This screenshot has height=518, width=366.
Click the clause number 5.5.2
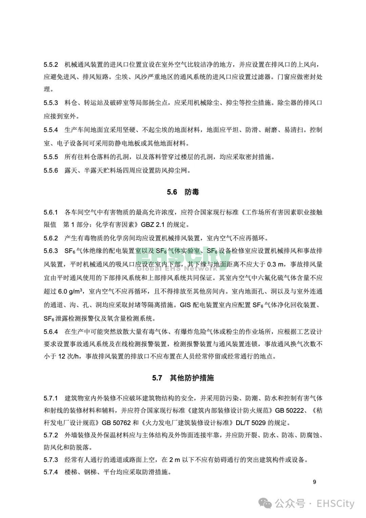(x=51, y=64)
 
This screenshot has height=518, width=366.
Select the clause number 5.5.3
(x=51, y=103)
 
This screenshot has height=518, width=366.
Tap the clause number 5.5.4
(x=51, y=130)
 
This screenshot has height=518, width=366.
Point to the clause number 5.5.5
(x=51, y=157)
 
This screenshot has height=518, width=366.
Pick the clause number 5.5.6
(x=51, y=170)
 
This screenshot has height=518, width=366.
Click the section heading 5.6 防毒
(x=183, y=192)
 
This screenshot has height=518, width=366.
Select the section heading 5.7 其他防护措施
(x=183, y=378)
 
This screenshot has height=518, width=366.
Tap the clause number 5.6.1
(x=51, y=212)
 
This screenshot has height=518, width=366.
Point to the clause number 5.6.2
(x=51, y=238)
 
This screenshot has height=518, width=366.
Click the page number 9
(x=314, y=482)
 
